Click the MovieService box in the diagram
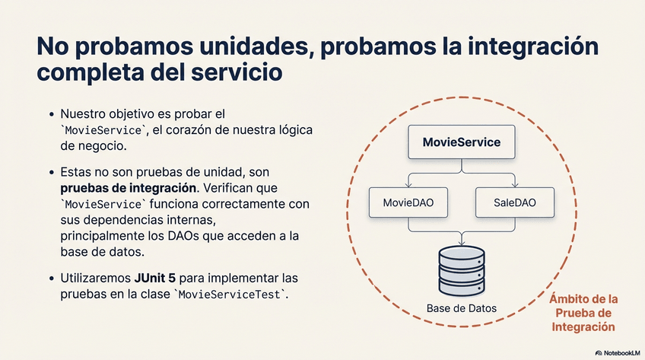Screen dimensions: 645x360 (461, 142)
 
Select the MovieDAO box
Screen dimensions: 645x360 (408, 203)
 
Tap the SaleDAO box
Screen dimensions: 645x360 (514, 203)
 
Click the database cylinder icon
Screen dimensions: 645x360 (461, 270)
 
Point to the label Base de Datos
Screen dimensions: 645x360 (461, 308)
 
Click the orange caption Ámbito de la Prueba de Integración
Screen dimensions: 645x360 (583, 312)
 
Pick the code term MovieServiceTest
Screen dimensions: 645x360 (232, 295)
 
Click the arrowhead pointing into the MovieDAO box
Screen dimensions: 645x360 (408, 185)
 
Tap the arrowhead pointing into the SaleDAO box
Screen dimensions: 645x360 (514, 185)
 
